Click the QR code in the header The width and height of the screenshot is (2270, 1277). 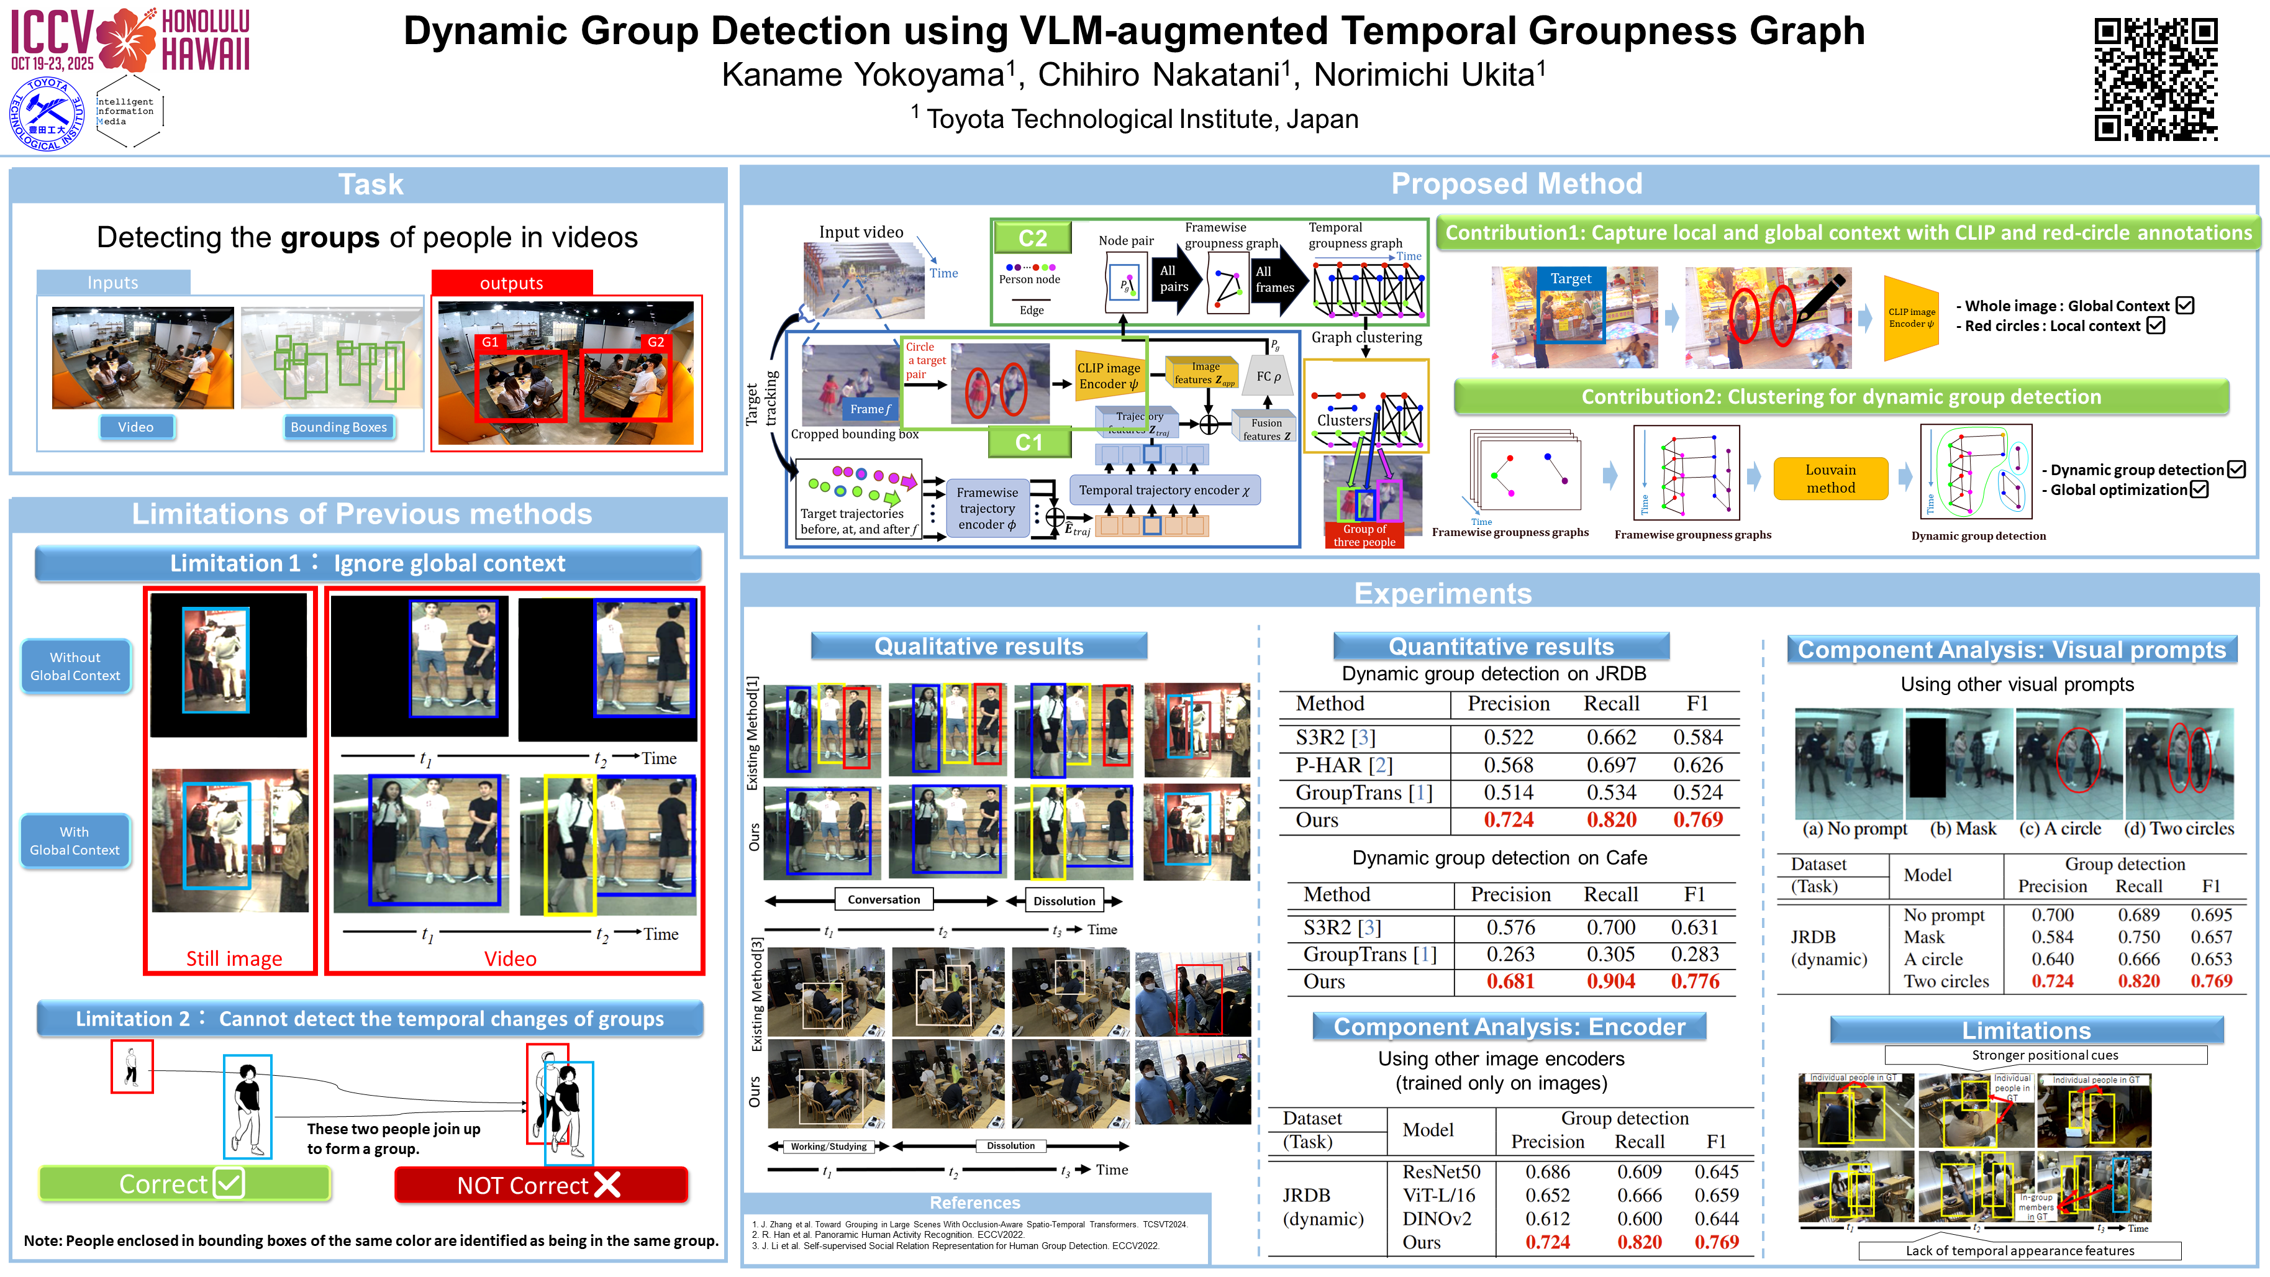coord(2156,80)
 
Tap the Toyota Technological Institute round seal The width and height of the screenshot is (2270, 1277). coord(47,114)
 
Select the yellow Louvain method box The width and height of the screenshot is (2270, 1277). coord(1830,478)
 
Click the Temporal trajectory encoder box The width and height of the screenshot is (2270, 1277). coord(1164,490)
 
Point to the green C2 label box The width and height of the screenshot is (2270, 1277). coord(1032,238)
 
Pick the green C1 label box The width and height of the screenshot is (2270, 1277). coord(1028,442)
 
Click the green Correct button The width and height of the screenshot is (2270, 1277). coord(184,1184)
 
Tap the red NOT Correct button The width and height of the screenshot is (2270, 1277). coord(540,1185)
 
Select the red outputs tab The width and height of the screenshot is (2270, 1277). coord(511,283)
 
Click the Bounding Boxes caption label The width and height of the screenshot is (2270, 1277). coord(338,427)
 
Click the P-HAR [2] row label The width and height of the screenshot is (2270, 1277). coord(1344,765)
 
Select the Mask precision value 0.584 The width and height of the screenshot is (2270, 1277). coord(2053,937)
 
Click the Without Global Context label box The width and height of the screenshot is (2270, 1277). coord(75,666)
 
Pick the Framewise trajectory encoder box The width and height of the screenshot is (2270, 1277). coord(987,509)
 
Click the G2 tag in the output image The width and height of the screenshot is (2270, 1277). coord(656,342)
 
